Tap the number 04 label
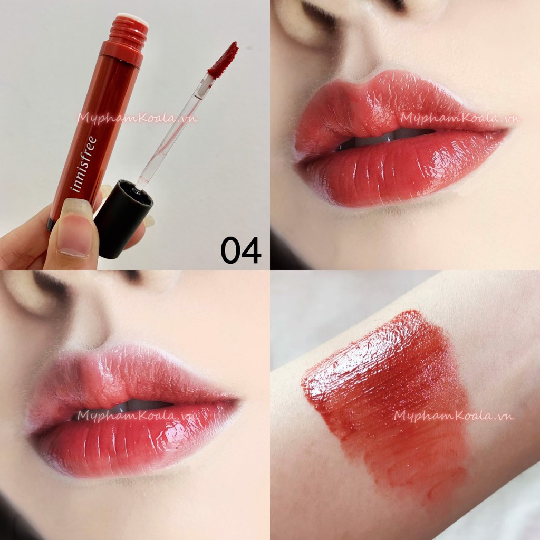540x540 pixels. pos(240,250)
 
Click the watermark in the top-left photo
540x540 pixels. pos(137,118)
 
